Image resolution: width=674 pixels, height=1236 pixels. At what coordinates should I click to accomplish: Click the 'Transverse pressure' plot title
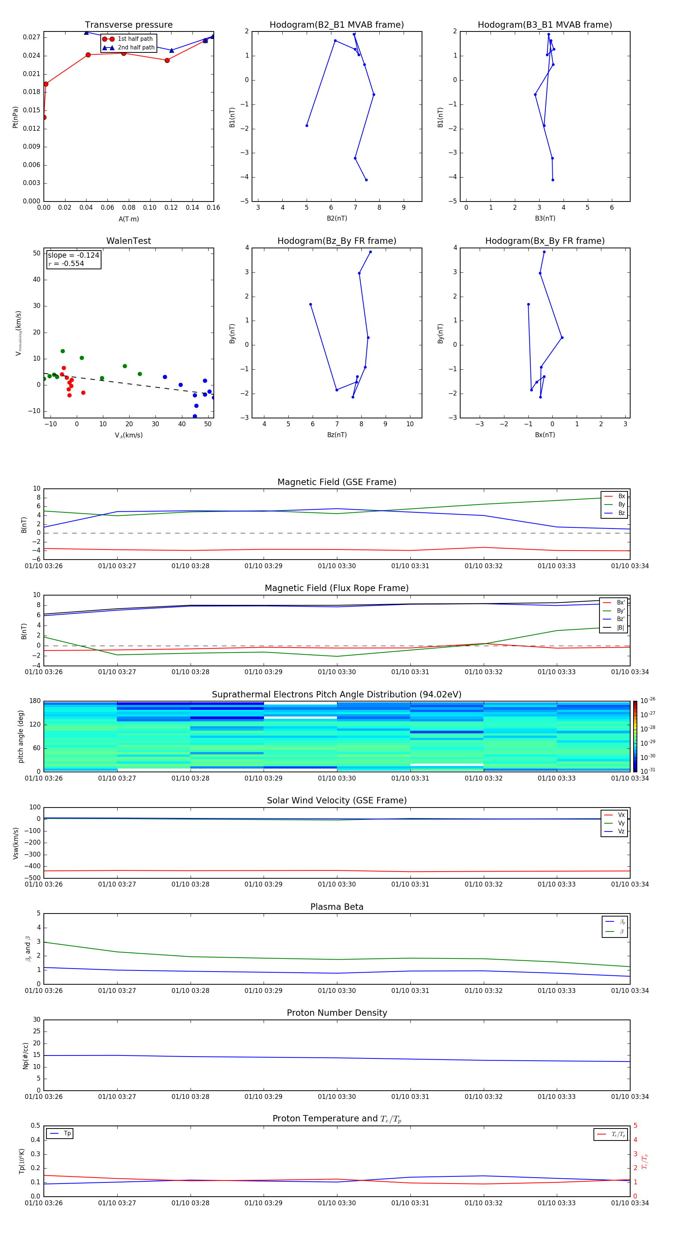click(128, 25)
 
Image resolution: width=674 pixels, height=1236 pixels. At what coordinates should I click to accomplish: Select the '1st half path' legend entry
click(135, 39)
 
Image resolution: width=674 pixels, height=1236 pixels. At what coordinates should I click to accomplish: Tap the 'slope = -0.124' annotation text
click(73, 255)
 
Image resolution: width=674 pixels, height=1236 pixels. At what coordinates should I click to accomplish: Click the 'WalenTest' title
click(128, 241)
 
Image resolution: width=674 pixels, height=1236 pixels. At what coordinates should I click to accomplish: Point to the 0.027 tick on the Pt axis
click(32, 37)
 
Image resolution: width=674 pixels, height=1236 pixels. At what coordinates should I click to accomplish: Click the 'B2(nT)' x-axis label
click(337, 218)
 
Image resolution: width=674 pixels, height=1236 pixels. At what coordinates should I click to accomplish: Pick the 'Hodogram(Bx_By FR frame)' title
click(544, 241)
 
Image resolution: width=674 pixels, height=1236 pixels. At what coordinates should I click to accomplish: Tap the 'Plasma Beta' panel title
click(337, 907)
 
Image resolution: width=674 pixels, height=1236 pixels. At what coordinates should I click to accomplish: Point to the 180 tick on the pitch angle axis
click(35, 701)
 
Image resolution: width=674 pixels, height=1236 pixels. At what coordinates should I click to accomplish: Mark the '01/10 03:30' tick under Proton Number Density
click(337, 1096)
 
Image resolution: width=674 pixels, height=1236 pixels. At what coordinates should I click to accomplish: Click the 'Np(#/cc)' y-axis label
click(25, 1055)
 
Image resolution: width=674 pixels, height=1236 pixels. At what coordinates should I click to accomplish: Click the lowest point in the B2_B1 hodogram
click(366, 180)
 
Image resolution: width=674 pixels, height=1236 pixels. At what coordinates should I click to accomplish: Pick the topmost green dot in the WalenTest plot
click(63, 351)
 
